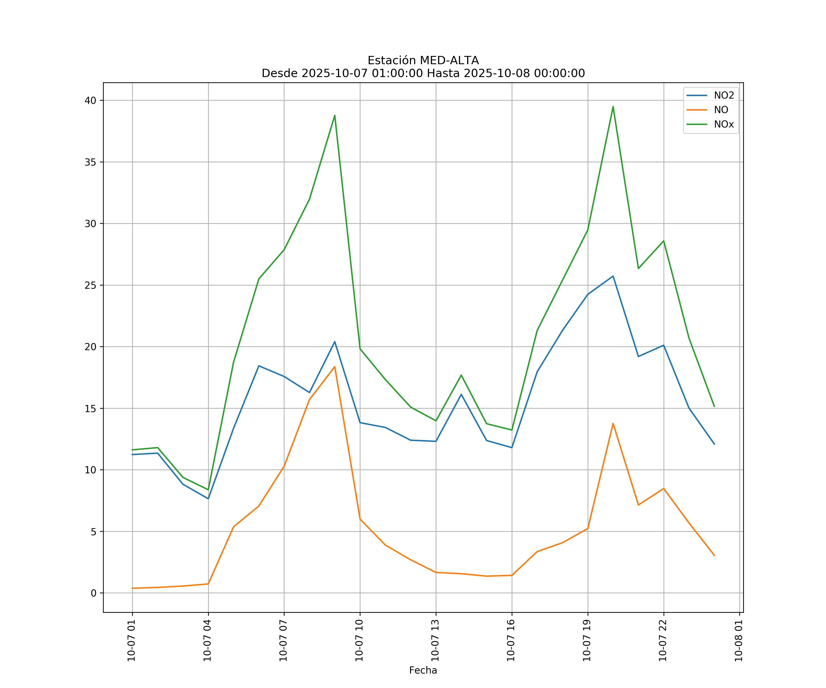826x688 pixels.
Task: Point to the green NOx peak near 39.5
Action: click(613, 107)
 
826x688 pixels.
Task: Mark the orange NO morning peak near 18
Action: click(335, 367)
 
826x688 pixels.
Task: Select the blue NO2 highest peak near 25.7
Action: click(613, 276)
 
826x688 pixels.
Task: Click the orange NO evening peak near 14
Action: click(613, 423)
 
